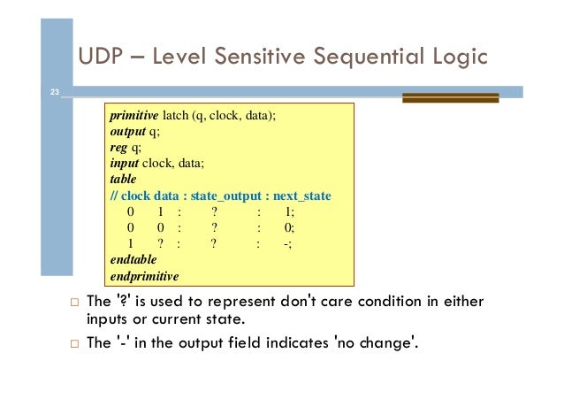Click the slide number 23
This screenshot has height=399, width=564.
coord(55,91)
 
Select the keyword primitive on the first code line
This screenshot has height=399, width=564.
coord(134,116)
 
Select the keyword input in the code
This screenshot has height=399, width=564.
coord(125,164)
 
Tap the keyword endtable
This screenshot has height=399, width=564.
coord(133,260)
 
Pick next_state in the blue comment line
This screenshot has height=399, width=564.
coord(302,196)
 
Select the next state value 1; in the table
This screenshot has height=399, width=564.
coord(289,211)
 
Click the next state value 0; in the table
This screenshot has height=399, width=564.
coord(289,227)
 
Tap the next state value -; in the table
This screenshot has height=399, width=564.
coord(287,244)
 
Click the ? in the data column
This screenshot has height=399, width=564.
coord(160,244)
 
